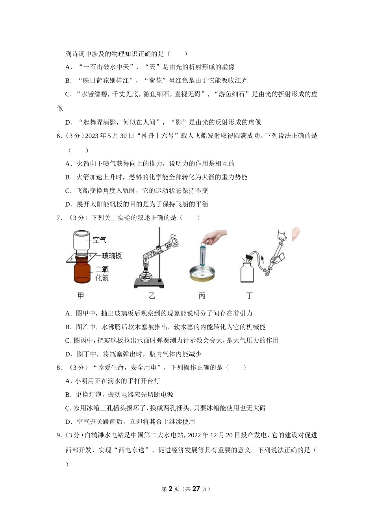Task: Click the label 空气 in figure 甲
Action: click(x=100, y=240)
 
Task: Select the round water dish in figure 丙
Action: click(x=202, y=274)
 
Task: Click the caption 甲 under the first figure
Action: click(x=81, y=296)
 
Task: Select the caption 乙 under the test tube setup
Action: click(x=152, y=296)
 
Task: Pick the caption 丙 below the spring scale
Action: click(x=202, y=296)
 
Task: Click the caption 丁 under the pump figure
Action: click(x=249, y=296)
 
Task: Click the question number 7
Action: click(x=59, y=218)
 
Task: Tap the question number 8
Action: click(x=59, y=368)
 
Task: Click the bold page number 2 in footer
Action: click(x=170, y=489)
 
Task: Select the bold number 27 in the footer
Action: click(x=196, y=489)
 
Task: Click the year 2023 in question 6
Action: click(x=91, y=136)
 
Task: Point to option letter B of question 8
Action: click(x=68, y=395)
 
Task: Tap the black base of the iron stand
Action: click(x=149, y=283)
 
